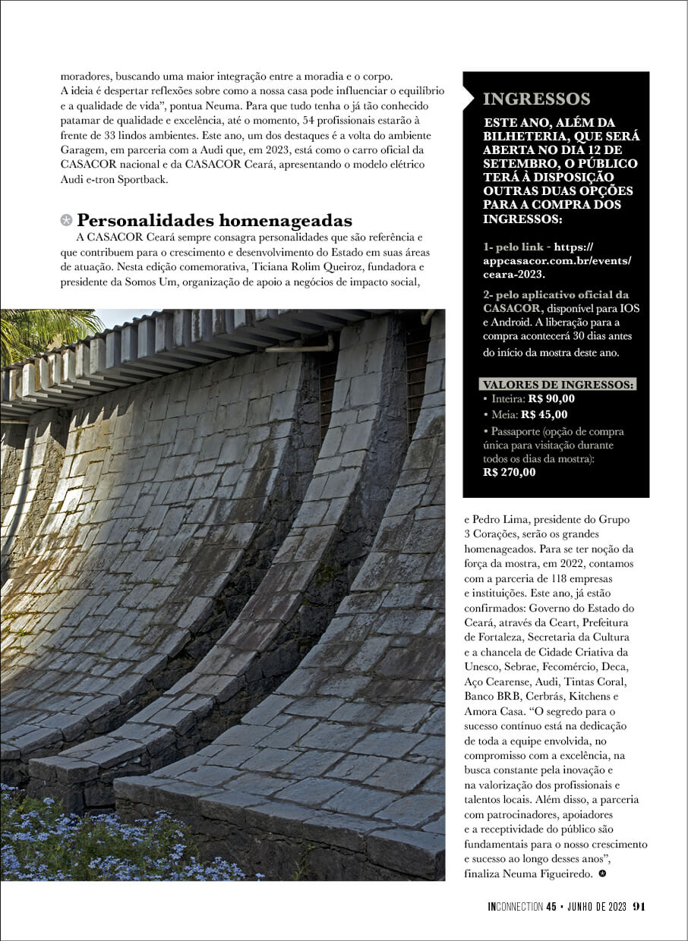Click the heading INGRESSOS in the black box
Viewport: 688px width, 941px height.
[x=536, y=99]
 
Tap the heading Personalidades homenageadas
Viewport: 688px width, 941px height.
[x=214, y=221]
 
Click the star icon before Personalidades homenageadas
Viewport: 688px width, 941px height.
[x=67, y=221]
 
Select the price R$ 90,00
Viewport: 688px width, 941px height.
[x=551, y=398]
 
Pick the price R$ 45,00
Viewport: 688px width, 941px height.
[x=544, y=414]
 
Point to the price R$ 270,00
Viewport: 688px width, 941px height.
[x=510, y=472]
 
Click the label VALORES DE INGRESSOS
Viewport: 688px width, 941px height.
[x=558, y=385]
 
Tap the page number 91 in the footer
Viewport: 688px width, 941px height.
[x=639, y=905]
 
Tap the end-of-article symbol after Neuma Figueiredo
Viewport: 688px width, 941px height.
[x=602, y=874]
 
